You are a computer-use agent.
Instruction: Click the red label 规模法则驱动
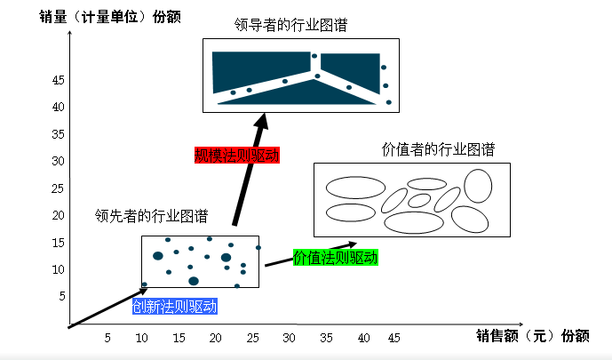pyautogui.click(x=237, y=156)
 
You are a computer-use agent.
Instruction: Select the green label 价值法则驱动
pyautogui.click(x=336, y=258)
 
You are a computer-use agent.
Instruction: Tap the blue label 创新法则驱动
pyautogui.click(x=174, y=307)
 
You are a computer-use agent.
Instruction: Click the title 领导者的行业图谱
pyautogui.click(x=290, y=25)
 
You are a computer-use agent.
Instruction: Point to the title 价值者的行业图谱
pyautogui.click(x=438, y=149)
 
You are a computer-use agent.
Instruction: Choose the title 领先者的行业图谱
pyautogui.click(x=151, y=215)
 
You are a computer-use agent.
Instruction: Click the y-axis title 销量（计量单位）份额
pyautogui.click(x=110, y=17)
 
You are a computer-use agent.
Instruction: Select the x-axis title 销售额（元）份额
pyautogui.click(x=533, y=335)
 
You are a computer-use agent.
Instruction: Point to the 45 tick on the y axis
pyautogui.click(x=58, y=80)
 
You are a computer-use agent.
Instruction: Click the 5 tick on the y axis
pyautogui.click(x=62, y=296)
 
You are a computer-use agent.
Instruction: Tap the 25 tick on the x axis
pyautogui.click(x=252, y=338)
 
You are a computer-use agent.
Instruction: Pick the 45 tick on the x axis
pyautogui.click(x=393, y=338)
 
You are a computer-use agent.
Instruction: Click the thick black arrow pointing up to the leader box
pyautogui.click(x=250, y=169)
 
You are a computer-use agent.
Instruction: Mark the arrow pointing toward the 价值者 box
pyautogui.click(x=311, y=254)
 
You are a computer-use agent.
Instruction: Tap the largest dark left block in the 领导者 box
pyautogui.click(x=261, y=70)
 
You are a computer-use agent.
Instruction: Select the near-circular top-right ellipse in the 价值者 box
pyautogui.click(x=478, y=186)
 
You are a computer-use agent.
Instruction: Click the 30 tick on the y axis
pyautogui.click(x=58, y=161)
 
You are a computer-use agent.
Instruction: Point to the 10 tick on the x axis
pyautogui.click(x=142, y=338)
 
